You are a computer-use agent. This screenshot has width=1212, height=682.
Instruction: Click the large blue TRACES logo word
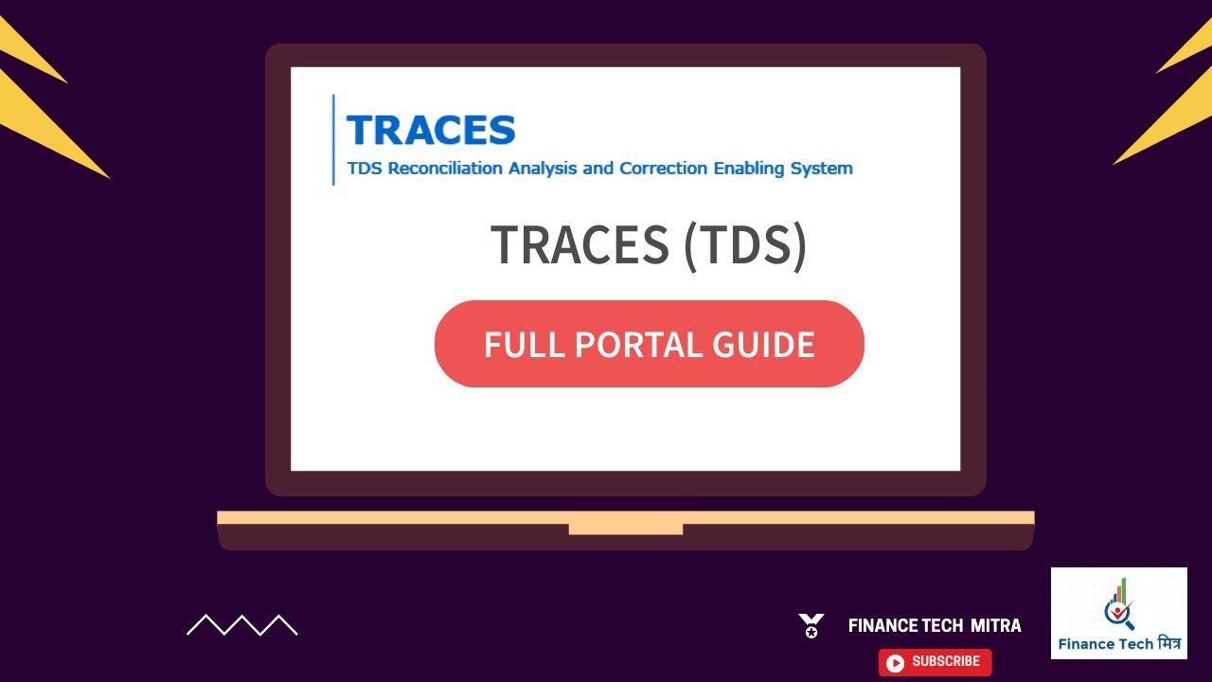click(x=431, y=130)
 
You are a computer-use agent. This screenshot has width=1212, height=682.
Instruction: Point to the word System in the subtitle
click(x=822, y=169)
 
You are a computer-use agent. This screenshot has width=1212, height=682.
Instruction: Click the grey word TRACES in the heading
click(x=579, y=245)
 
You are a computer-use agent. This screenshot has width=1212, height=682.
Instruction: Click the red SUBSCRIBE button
click(x=935, y=662)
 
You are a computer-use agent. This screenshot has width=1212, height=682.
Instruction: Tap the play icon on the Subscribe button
click(x=895, y=663)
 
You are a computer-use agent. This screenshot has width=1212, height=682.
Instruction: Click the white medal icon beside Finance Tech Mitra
click(x=811, y=625)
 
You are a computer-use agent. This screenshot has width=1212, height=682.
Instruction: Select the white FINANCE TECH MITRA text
click(x=935, y=626)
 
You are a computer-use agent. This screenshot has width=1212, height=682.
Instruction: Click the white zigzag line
click(x=241, y=625)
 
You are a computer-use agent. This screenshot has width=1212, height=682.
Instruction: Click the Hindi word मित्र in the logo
click(x=1163, y=644)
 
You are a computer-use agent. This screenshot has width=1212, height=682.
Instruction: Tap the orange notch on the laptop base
click(x=625, y=529)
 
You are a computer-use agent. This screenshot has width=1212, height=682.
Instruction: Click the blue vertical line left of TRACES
click(x=333, y=140)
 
